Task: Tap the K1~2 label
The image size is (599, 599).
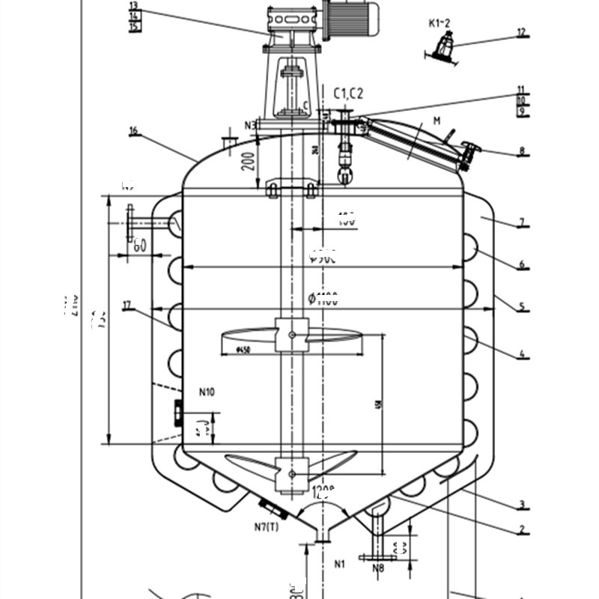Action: tap(439, 23)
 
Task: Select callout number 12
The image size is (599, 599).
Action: tap(521, 33)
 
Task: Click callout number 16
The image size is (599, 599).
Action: tap(133, 132)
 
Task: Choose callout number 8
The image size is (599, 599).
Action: tap(521, 151)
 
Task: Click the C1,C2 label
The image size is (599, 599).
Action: tap(348, 93)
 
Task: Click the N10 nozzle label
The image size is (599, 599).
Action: tap(207, 391)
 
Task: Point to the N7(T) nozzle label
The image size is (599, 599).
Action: tap(266, 527)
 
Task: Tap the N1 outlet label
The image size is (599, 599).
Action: tap(340, 563)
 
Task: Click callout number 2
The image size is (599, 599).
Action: tap(521, 529)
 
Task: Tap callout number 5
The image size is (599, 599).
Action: tap(521, 305)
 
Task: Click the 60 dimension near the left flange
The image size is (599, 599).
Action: tap(139, 244)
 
